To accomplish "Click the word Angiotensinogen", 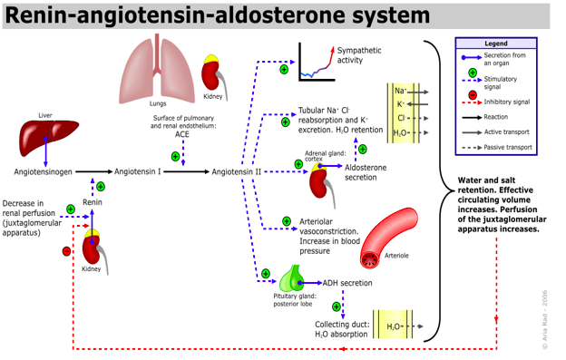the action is tap(43, 172).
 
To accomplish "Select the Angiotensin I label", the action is tap(138, 171).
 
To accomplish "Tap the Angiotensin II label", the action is tap(237, 172).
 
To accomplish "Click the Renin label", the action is tap(93, 202).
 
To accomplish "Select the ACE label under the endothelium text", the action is tap(182, 134).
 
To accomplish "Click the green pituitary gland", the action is tap(292, 278).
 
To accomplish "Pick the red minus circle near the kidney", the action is tap(66, 251).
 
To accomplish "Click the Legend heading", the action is tap(496, 44).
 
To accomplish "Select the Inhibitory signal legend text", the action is tap(507, 102).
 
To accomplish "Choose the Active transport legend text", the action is tap(507, 132).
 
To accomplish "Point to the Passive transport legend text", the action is tap(508, 147).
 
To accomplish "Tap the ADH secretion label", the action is tap(347, 283).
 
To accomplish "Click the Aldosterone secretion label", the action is tap(366, 172).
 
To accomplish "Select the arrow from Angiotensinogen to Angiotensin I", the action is tap(93, 171).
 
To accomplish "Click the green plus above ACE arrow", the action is tap(175, 157).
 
